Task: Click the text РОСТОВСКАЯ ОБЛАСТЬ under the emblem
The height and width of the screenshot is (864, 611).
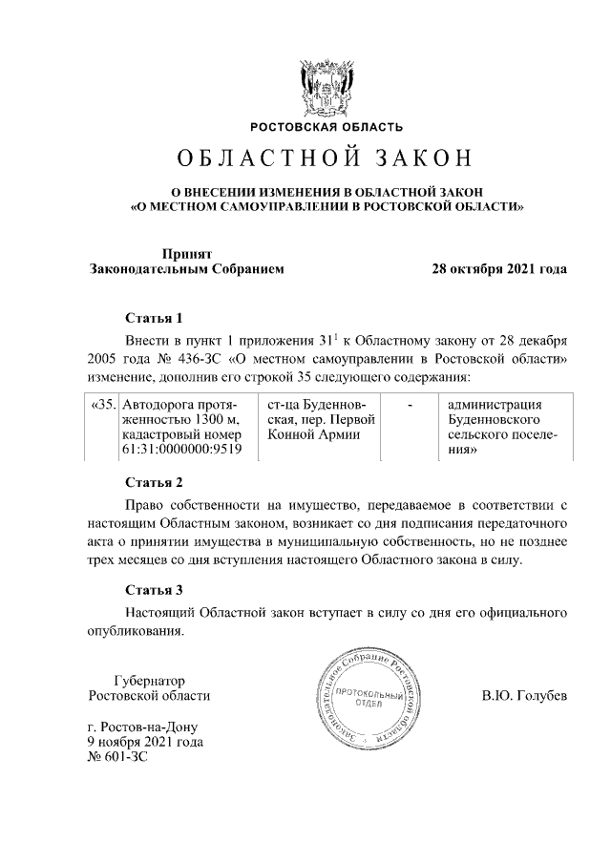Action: [327, 127]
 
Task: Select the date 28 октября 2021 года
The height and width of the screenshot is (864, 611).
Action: [499, 269]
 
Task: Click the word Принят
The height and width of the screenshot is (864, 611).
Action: [185, 254]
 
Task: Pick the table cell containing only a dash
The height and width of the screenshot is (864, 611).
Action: [410, 405]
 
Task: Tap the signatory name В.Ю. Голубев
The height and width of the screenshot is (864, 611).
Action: [524, 696]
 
